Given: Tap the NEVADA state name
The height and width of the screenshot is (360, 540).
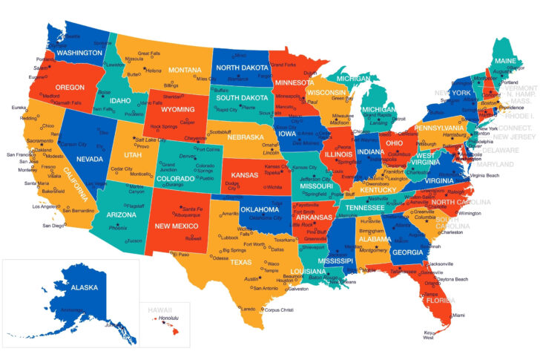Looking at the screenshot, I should [x=90, y=159].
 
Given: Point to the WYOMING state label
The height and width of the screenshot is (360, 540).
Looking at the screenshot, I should [x=179, y=109].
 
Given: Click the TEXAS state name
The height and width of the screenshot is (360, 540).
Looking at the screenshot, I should [x=240, y=262].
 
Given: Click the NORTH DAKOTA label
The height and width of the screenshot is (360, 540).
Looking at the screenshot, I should [x=242, y=67].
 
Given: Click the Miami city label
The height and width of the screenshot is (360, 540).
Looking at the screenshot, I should [x=458, y=315].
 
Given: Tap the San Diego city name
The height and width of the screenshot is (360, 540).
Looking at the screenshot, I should [x=53, y=225].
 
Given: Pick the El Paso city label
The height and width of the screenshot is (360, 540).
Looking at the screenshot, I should [x=181, y=255].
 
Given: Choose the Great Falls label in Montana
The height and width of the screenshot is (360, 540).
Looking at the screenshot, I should [x=150, y=53].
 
